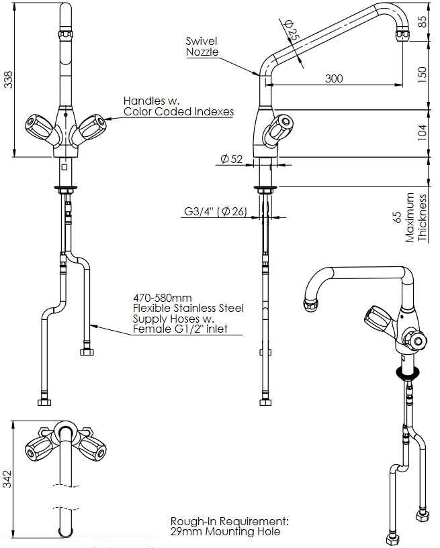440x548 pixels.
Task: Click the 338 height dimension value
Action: pyautogui.click(x=8, y=80)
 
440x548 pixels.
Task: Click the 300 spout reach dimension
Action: pyautogui.click(x=334, y=78)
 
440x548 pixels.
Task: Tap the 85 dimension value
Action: pyautogui.click(x=421, y=21)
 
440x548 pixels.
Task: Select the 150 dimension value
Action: pyautogui.click(x=421, y=73)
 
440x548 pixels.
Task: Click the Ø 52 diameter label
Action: pyautogui.click(x=231, y=159)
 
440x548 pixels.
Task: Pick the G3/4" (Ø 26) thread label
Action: pyautogui.click(x=216, y=212)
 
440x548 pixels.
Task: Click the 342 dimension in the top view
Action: pyautogui.click(x=8, y=479)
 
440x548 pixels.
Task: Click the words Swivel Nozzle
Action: pyautogui.click(x=202, y=46)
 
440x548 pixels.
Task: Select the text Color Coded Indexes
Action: pyautogui.click(x=179, y=112)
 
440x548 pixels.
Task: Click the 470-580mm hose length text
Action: pyautogui.click(x=163, y=296)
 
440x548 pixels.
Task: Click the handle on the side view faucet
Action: pyautogui.click(x=280, y=127)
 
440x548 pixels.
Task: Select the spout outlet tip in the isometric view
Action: pyautogui.click(x=311, y=305)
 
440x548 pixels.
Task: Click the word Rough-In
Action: pyautogui.click(x=191, y=521)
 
